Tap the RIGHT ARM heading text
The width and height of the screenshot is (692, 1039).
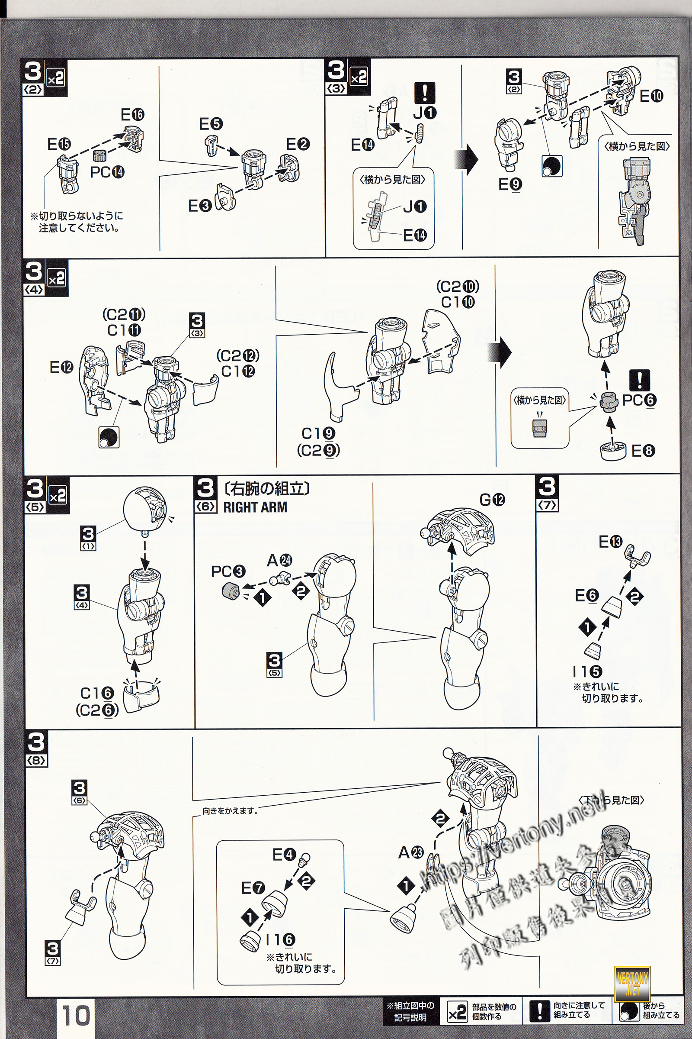click(255, 507)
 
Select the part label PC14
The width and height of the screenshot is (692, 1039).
click(107, 172)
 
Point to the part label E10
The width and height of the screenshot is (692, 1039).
click(651, 96)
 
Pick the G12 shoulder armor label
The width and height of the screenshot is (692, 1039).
click(492, 500)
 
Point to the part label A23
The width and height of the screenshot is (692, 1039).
click(411, 852)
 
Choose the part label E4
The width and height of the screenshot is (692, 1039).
click(284, 855)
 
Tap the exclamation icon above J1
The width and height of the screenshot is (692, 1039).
click(425, 93)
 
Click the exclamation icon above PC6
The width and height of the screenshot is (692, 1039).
click(640, 380)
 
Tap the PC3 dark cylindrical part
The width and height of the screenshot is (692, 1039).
click(230, 590)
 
